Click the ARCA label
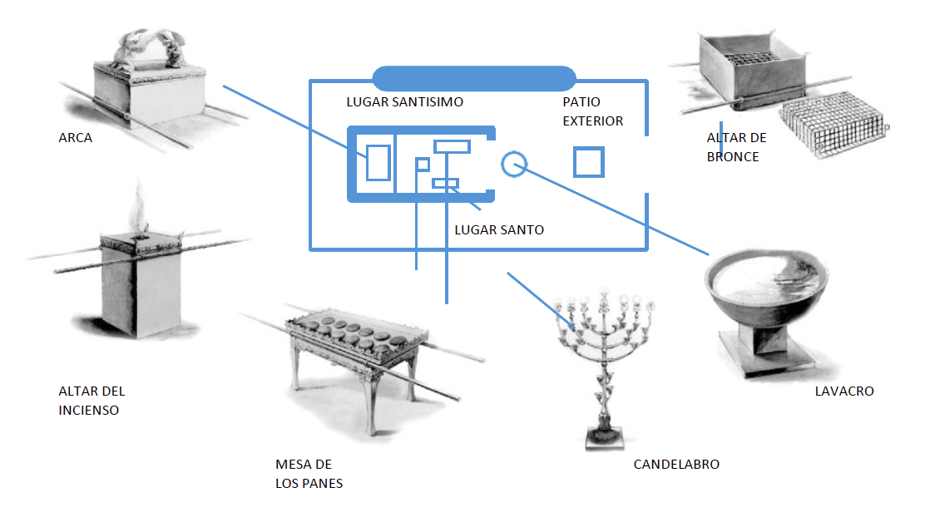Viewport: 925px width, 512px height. (75, 138)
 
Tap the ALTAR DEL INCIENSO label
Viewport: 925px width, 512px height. (92, 401)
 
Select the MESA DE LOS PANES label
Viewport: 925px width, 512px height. (309, 474)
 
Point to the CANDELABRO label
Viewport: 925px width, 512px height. (676, 465)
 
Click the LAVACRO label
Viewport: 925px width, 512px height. (844, 391)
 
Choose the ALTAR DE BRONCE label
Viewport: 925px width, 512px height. (736, 147)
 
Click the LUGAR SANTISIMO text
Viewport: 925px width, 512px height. (404, 102)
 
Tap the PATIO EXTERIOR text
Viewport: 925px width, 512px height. (592, 111)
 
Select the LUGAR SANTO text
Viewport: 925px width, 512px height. (499, 229)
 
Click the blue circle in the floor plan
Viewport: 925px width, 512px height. (514, 164)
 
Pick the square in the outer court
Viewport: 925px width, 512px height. (588, 162)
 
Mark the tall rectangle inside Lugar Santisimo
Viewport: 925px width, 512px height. (378, 162)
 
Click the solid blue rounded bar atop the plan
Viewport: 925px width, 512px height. (474, 78)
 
